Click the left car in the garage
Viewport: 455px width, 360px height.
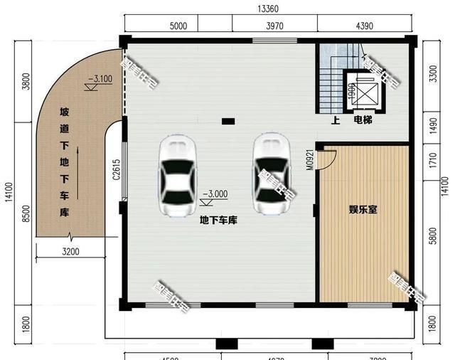click(x=177, y=176)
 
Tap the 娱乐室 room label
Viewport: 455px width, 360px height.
click(x=363, y=210)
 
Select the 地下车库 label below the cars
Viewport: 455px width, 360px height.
click(x=218, y=221)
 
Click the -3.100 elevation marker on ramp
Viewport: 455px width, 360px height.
click(x=100, y=80)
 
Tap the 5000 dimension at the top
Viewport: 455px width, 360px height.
click(x=178, y=26)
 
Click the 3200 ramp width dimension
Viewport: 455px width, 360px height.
click(x=70, y=251)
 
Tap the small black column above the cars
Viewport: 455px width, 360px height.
click(x=227, y=121)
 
